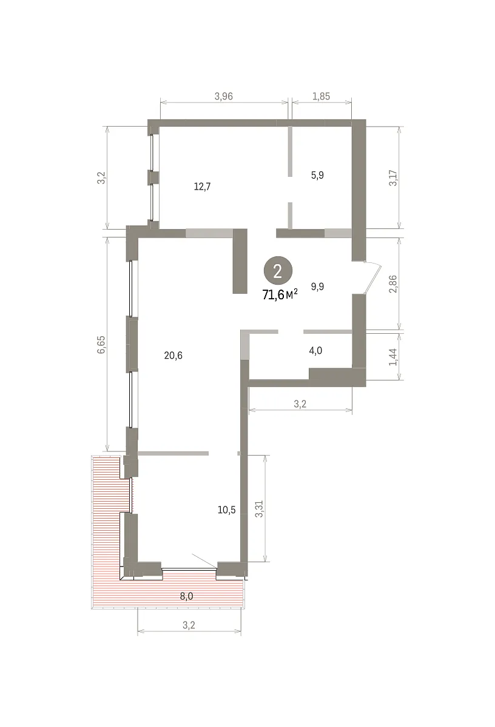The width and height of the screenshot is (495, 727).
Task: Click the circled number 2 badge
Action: point(278,271)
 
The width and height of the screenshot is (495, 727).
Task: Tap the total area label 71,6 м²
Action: point(280,294)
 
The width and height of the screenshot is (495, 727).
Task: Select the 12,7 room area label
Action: point(202,187)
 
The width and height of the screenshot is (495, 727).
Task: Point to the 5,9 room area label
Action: point(317,175)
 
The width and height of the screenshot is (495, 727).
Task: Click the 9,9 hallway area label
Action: point(317,287)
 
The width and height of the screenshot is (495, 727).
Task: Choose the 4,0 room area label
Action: point(315,351)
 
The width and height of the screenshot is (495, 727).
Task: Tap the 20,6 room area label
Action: point(173,356)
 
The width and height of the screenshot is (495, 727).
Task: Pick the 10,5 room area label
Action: point(226,510)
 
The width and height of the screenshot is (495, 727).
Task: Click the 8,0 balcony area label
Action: point(187,596)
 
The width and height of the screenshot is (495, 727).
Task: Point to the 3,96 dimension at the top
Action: point(224,96)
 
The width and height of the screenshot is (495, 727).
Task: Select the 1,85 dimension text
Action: point(321,96)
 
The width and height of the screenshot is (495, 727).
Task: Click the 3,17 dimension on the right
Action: point(393,178)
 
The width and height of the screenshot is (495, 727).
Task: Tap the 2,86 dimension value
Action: point(393,284)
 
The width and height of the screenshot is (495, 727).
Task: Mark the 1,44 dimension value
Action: point(393,357)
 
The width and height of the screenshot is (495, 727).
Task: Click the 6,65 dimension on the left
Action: point(101,344)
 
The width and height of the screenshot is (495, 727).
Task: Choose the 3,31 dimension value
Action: point(259,509)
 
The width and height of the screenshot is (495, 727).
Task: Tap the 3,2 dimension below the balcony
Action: point(189,625)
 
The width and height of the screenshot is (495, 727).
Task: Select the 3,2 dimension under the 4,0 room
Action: point(300,404)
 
